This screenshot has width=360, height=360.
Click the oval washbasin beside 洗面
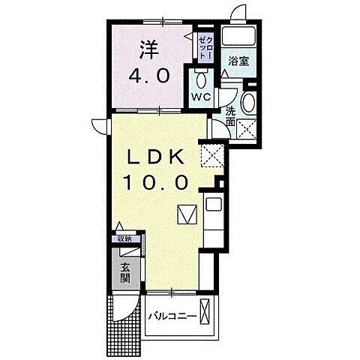[x=249, y=103]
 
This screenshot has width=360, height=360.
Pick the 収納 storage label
[x=123, y=239]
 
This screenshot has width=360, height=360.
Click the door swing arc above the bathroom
[x=239, y=12]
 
